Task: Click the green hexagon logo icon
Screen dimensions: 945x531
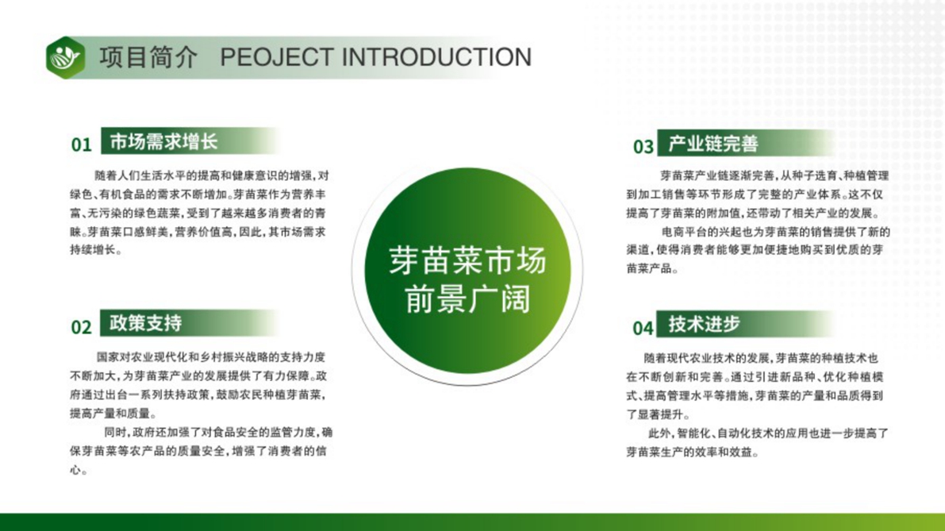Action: [x=66, y=58]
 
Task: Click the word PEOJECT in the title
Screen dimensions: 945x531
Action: [x=277, y=57]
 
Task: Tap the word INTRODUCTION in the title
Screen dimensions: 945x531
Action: [x=437, y=57]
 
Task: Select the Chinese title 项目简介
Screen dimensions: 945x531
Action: [x=148, y=57]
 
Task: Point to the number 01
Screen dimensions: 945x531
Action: [x=82, y=144]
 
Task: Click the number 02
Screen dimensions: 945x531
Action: [x=82, y=327]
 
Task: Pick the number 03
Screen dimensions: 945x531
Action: [x=643, y=147]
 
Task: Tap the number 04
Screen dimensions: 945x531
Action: [x=643, y=328]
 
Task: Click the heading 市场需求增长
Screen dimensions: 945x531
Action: [x=163, y=141]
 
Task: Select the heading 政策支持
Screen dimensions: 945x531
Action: [x=145, y=323]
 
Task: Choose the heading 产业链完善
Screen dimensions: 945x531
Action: [x=713, y=144]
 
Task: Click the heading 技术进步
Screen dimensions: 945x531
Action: [x=704, y=325]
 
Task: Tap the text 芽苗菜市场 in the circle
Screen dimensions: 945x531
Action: [x=467, y=261]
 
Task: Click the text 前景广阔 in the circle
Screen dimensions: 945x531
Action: [x=467, y=299]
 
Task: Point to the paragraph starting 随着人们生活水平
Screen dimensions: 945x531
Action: [x=199, y=213]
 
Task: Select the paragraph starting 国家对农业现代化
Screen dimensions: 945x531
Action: [x=198, y=385]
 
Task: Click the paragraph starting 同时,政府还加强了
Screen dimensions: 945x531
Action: [x=202, y=451]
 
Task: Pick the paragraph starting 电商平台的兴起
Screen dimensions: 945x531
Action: [x=759, y=250]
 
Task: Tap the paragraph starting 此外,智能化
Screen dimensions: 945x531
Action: [x=757, y=442]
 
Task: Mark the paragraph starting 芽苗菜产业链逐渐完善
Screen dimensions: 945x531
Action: [x=758, y=194]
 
